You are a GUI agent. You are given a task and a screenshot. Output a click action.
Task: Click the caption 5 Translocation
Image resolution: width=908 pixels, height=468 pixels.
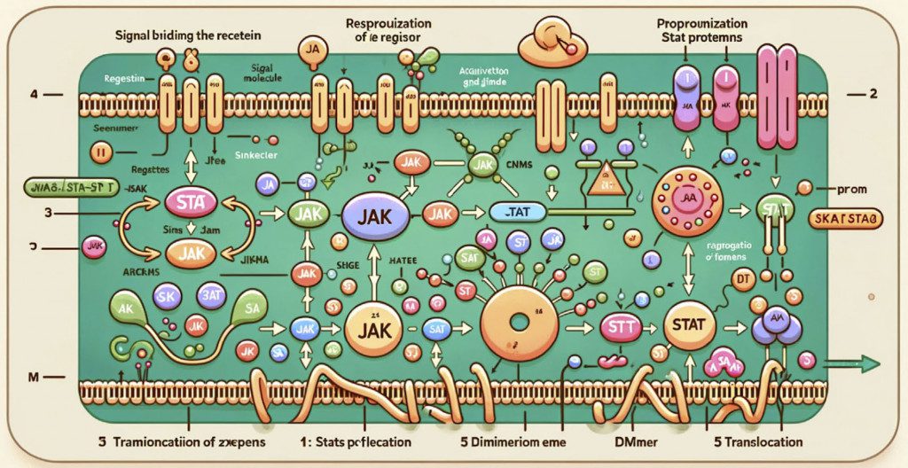tap(755, 441)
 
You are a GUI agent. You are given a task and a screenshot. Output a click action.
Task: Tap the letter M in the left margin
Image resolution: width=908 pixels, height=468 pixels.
tap(32, 378)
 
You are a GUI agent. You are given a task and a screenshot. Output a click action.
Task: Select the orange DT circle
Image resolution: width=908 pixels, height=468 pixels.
tap(742, 282)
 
